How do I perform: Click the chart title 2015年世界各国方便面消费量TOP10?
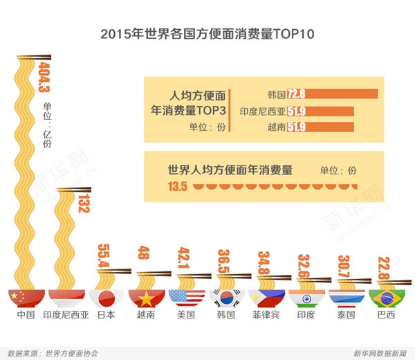[207, 33]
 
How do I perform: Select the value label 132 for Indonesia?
[83, 204]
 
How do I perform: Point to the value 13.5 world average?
[178, 186]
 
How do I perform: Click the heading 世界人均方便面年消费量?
[230, 170]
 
